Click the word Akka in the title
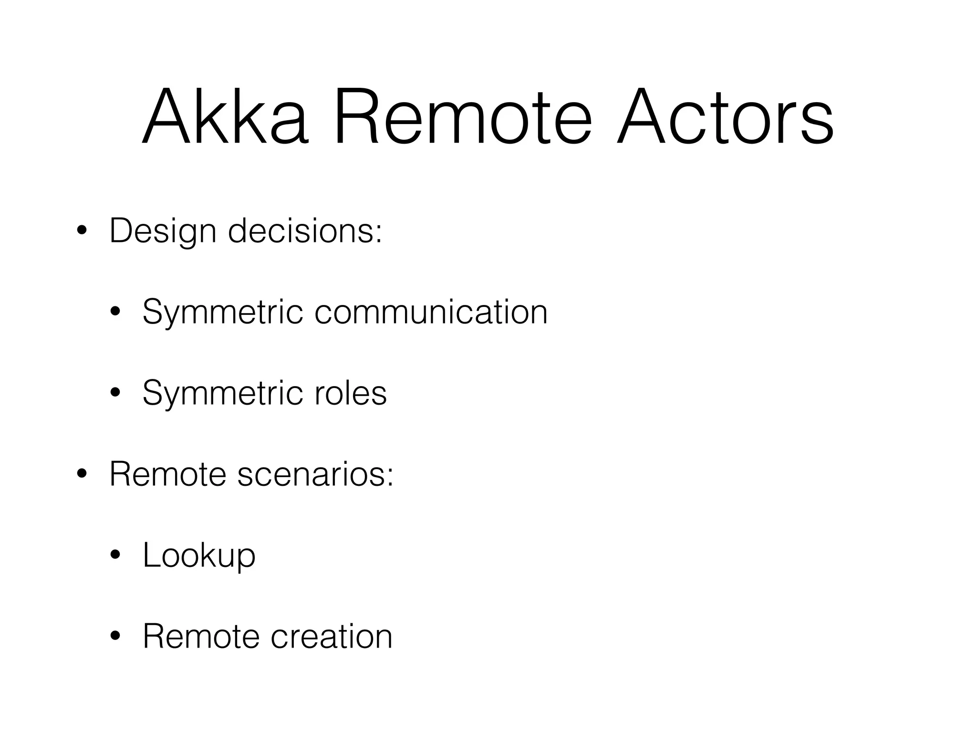(225, 116)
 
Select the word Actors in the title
(725, 116)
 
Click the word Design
(163, 232)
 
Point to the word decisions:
(305, 231)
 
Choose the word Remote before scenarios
(167, 474)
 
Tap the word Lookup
(199, 556)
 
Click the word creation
(332, 637)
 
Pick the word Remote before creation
(201, 637)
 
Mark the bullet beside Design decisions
(82, 231)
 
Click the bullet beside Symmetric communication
(115, 313)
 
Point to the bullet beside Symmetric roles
(115, 394)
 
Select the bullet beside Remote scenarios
(82, 475)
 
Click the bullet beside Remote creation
(115, 637)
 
